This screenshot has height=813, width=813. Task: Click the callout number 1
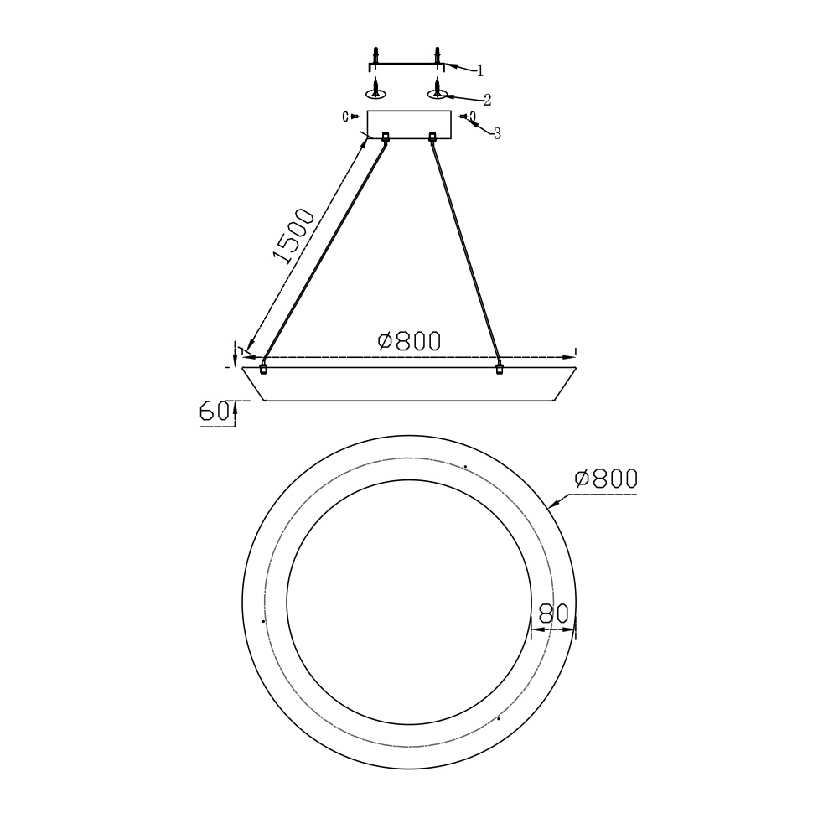click(480, 70)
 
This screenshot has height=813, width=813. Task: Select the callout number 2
click(487, 100)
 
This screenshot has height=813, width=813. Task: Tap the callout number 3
click(497, 134)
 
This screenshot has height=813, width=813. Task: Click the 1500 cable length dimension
click(293, 236)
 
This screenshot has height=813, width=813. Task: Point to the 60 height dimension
click(214, 411)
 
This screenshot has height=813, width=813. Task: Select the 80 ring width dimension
click(554, 614)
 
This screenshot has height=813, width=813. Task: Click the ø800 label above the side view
click(410, 341)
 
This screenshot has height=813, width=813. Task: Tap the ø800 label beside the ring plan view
click(606, 479)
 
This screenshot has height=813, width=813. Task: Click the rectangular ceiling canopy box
click(409, 125)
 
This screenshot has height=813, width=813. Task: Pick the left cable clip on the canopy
click(386, 137)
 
